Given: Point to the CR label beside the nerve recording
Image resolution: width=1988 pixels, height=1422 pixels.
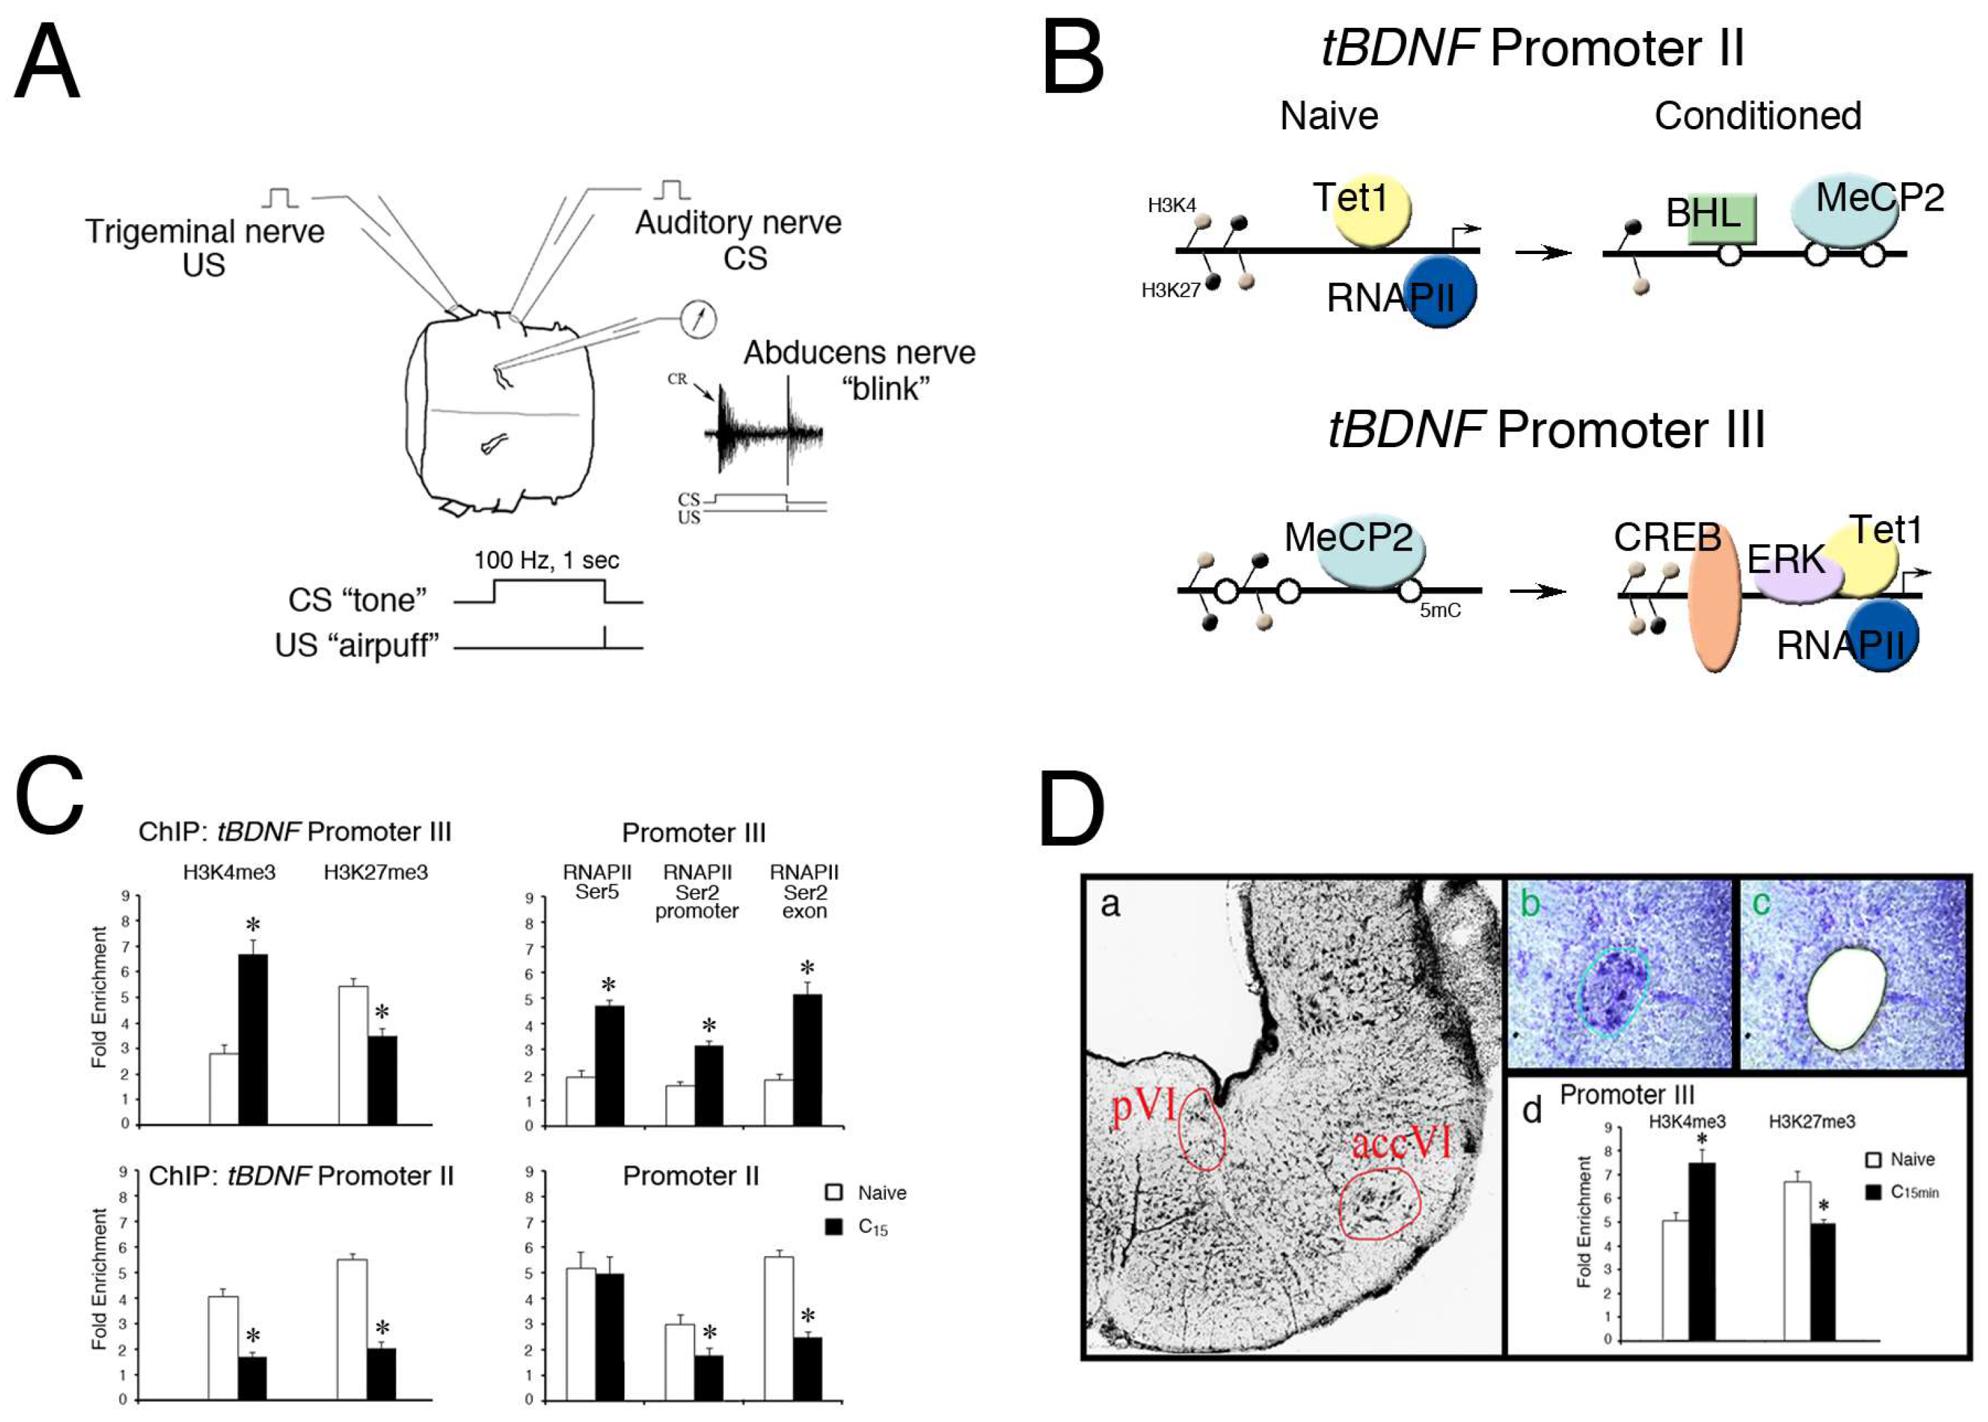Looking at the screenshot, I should pyautogui.click(x=677, y=379).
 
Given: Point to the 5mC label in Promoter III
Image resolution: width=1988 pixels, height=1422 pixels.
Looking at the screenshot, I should pyautogui.click(x=1440, y=611).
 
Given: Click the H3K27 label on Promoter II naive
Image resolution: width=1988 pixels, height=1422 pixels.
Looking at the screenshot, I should pyautogui.click(x=1170, y=291).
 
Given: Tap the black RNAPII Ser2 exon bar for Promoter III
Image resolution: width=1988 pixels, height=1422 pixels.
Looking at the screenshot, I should pyautogui.click(x=807, y=1060).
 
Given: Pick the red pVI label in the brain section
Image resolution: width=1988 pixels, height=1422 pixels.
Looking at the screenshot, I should pyautogui.click(x=1143, y=1106).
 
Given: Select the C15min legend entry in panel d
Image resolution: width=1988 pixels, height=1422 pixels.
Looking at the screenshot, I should pyautogui.click(x=1904, y=1192).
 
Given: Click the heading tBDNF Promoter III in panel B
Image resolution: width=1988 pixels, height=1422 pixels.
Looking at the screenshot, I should pyautogui.click(x=1546, y=430).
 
